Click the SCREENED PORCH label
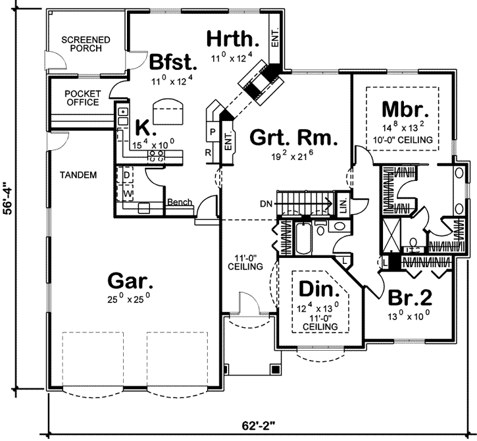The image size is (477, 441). [86, 45]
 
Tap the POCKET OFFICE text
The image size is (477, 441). [83, 98]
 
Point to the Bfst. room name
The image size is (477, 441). [173, 63]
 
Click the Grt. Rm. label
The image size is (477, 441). [293, 139]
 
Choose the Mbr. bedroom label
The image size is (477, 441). [405, 109]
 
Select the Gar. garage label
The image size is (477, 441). [131, 281]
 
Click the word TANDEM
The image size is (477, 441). [78, 175]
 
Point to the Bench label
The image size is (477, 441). [178, 203]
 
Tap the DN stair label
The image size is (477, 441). [266, 203]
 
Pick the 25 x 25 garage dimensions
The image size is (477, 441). [131, 296]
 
